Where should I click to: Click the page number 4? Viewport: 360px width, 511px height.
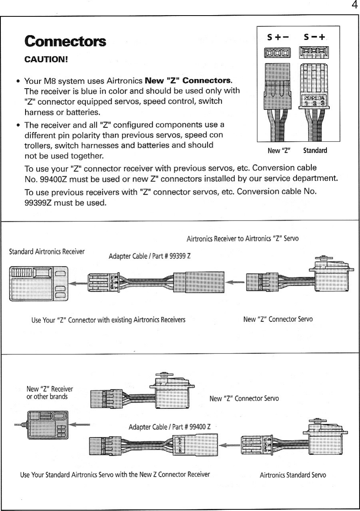(354, 5)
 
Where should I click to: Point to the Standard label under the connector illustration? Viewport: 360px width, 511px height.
(315, 151)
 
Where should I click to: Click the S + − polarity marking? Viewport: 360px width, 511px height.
(278, 38)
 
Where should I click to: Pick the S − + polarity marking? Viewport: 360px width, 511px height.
(315, 38)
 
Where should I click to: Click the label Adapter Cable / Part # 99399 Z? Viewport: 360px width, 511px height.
(149, 256)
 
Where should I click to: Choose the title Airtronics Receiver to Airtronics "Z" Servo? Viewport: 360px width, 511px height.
(243, 239)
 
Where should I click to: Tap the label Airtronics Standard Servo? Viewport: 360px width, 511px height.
(293, 475)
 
